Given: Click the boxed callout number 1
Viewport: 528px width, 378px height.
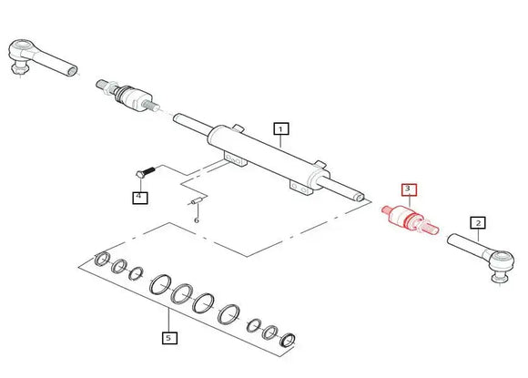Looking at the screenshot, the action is [281, 128].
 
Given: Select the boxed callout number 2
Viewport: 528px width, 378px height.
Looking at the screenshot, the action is [478, 222].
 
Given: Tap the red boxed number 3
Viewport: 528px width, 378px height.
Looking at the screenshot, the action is [409, 189].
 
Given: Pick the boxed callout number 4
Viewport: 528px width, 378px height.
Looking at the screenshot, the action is [140, 197].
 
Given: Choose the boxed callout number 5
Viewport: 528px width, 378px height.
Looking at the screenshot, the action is [169, 337].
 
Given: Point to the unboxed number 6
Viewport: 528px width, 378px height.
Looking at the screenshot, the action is [197, 220].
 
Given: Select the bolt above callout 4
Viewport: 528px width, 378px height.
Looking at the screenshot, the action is [145, 172].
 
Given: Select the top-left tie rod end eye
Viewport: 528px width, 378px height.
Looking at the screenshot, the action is [21, 47].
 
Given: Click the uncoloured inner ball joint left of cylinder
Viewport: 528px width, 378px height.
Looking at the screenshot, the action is [127, 95].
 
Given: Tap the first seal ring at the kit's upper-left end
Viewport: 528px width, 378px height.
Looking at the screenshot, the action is [102, 259].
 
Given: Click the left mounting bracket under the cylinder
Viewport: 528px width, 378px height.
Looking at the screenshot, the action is [236, 159].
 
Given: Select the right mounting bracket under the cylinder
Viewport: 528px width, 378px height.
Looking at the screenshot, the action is [301, 188].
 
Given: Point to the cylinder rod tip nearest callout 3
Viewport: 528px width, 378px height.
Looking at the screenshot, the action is [360, 198].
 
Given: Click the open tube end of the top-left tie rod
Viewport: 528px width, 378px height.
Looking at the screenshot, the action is [73, 71].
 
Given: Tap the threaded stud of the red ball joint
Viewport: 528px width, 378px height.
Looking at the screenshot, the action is [430, 227].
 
